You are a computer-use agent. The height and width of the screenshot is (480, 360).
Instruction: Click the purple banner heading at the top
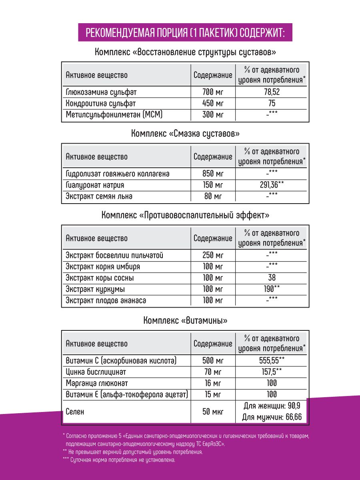point(185,32)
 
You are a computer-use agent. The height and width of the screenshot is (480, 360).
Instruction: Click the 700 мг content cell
point(213,92)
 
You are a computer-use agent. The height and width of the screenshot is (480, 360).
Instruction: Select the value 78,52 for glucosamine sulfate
point(272,92)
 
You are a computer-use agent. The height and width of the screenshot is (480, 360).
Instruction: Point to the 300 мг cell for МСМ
point(213,115)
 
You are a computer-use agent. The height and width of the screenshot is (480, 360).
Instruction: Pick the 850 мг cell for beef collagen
point(213,174)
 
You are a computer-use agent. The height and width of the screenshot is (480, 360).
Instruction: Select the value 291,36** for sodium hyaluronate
point(272,185)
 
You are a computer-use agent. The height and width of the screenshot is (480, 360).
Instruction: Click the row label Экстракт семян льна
point(99,196)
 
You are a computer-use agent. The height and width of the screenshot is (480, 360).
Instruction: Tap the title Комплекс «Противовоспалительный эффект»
point(185,215)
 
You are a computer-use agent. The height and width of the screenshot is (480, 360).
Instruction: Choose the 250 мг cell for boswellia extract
point(213,255)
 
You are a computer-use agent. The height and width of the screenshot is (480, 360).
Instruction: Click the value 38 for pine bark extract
point(272,278)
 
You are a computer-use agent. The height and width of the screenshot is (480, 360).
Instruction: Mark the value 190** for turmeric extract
point(272,289)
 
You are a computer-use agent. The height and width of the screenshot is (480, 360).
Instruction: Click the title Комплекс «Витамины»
point(185,320)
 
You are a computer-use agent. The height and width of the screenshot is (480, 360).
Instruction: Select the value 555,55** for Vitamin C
point(272,360)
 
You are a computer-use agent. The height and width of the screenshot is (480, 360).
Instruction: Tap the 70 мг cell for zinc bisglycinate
point(213,372)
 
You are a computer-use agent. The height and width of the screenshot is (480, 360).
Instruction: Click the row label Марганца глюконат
point(97,383)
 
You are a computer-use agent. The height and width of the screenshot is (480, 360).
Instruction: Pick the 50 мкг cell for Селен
point(213,412)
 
